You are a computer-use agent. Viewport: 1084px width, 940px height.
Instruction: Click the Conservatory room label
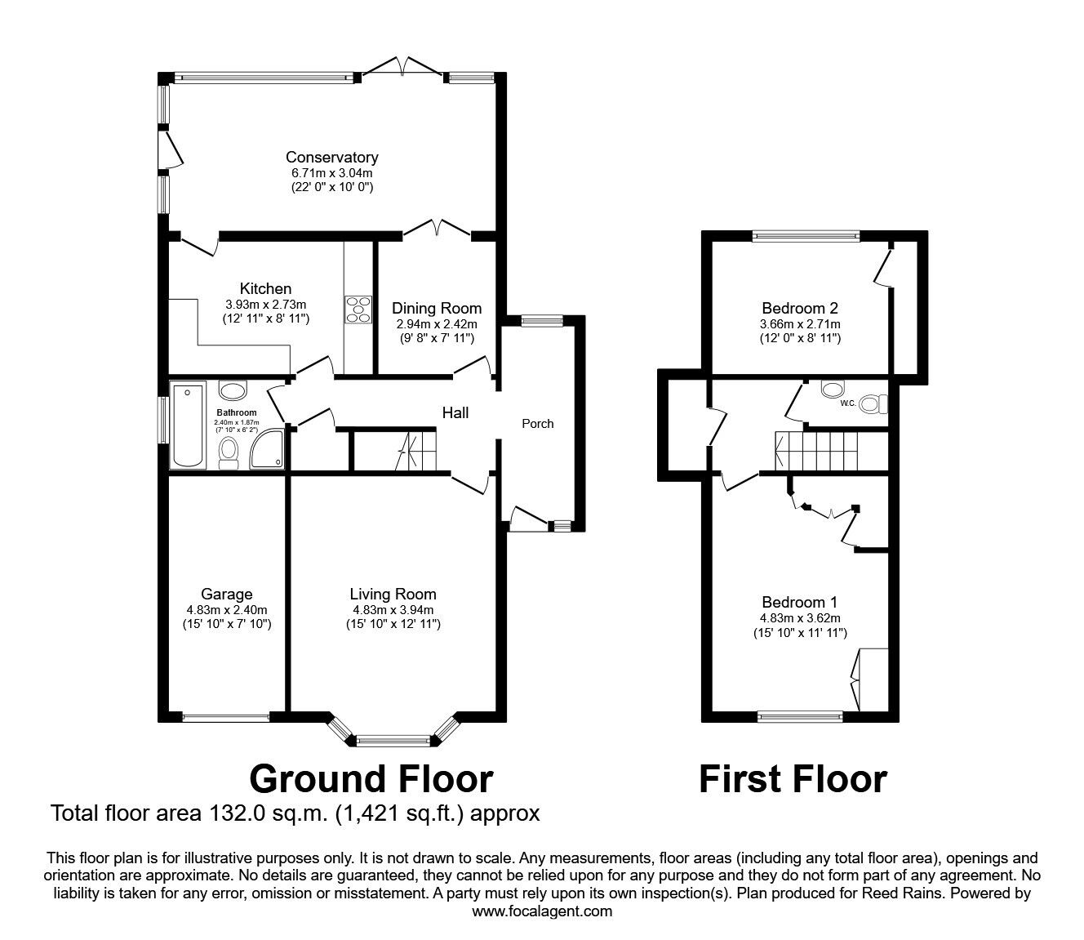[332, 157]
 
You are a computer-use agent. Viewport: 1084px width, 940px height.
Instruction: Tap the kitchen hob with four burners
[358, 310]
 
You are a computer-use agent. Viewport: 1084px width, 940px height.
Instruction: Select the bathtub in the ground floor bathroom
[187, 425]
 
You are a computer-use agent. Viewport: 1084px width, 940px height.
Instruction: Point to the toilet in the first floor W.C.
[873, 404]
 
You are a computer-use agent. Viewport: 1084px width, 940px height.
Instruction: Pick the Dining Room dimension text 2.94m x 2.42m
[437, 324]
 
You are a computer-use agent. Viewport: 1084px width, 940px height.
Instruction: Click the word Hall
[455, 412]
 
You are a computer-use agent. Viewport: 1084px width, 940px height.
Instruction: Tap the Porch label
[538, 424]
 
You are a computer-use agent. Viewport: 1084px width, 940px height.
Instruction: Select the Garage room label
[227, 594]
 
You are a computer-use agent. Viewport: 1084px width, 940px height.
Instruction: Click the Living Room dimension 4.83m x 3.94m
[393, 610]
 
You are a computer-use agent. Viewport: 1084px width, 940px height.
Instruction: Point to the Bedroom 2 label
[800, 308]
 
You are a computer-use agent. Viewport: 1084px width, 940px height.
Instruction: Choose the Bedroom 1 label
[800, 602]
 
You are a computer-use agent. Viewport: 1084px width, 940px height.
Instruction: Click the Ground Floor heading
[371, 779]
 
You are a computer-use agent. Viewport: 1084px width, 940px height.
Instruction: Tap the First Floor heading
[793, 779]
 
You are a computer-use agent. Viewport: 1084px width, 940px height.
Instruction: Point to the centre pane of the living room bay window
[393, 741]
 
